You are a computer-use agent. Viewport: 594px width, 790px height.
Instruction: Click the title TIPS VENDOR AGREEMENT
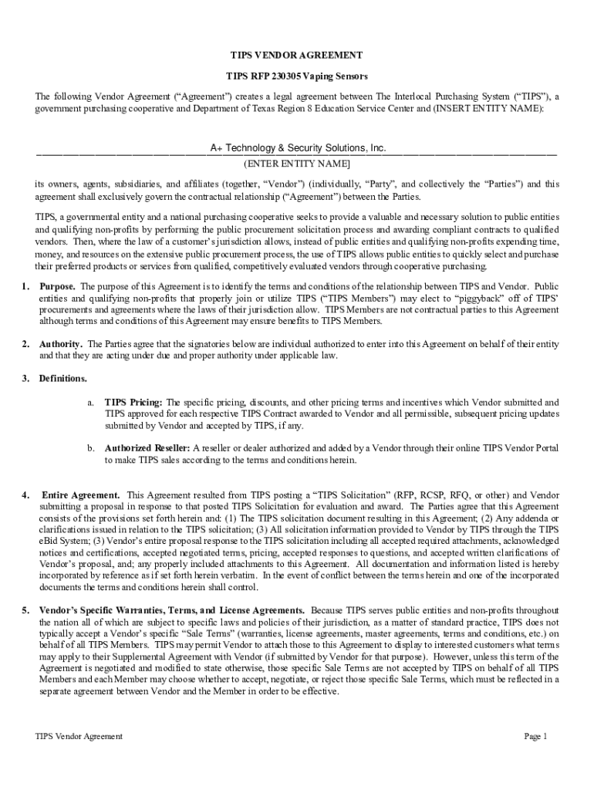click(x=297, y=56)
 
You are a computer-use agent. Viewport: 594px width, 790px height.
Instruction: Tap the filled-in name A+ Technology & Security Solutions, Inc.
click(x=298, y=148)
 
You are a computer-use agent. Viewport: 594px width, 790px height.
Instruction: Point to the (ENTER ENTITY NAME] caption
click(x=297, y=164)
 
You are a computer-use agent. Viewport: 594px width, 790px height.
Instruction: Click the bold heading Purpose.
click(x=58, y=286)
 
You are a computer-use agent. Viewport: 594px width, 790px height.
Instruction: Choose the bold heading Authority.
click(x=62, y=343)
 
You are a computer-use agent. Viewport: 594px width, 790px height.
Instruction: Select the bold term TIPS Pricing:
click(x=133, y=403)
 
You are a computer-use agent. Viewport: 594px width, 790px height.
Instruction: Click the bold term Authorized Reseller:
click(x=147, y=448)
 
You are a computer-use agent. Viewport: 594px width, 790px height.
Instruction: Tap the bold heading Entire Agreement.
click(x=80, y=495)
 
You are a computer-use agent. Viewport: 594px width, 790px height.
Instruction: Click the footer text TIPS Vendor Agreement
click(x=79, y=737)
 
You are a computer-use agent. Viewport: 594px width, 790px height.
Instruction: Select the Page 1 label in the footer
click(x=535, y=737)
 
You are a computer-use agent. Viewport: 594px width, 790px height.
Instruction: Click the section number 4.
click(x=25, y=495)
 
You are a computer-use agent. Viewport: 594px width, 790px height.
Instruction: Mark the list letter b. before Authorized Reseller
click(x=90, y=448)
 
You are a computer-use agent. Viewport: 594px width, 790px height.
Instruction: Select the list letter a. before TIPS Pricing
click(x=90, y=403)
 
